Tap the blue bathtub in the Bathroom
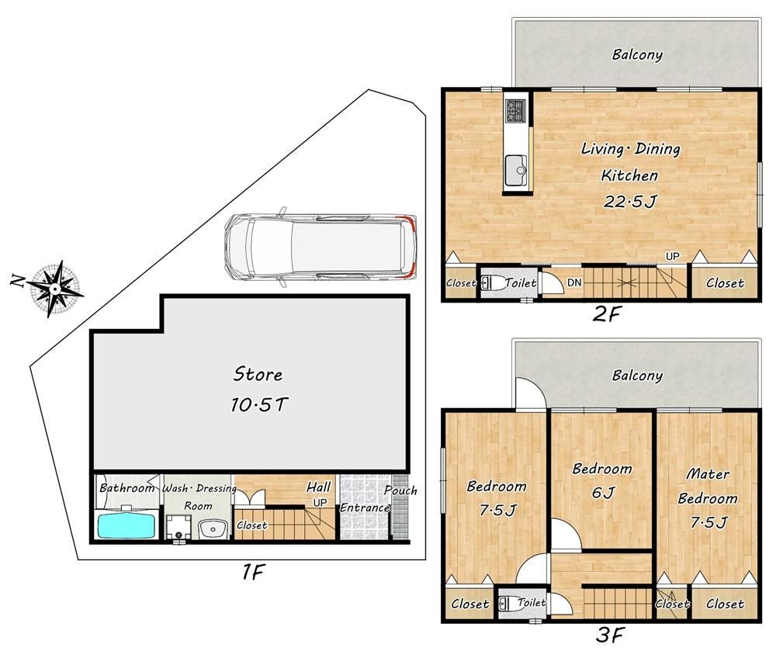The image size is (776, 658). click(127, 526)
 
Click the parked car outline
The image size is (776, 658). click(320, 246)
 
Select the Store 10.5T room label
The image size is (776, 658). click(258, 390)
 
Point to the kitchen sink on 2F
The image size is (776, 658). click(517, 170)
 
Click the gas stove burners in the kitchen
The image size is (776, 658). click(516, 111)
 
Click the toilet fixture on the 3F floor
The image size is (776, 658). click(508, 604)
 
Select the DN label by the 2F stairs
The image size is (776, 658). click(574, 282)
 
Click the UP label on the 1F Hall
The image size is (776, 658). click(320, 503)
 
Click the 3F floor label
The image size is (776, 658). click(610, 635)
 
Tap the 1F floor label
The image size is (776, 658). click(252, 572)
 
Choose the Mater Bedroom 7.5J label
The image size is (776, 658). click(708, 497)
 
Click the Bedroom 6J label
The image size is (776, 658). click(602, 480)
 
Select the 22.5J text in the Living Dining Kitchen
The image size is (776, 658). click(629, 202)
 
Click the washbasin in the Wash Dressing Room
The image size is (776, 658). click(213, 529)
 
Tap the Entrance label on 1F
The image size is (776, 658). click(365, 507)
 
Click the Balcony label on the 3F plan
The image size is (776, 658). click(637, 376)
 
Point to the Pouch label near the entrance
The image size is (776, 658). click(401, 490)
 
